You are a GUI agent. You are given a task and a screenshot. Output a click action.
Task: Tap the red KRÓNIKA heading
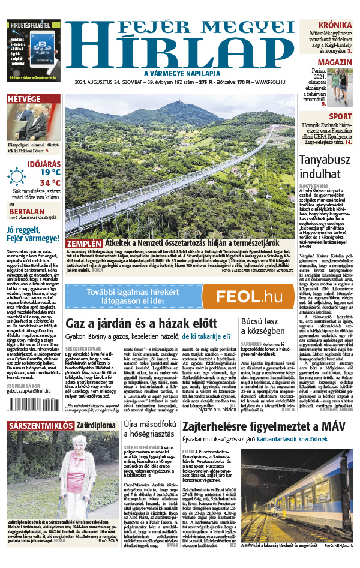tap(334, 25)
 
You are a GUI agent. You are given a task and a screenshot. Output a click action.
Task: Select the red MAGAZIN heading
tap(334, 62)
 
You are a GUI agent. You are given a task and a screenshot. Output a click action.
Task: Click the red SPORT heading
tap(340, 116)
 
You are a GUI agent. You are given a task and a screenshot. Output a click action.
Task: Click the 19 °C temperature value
tap(50, 172)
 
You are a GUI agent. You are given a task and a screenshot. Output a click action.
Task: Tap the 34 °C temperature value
tap(50, 183)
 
